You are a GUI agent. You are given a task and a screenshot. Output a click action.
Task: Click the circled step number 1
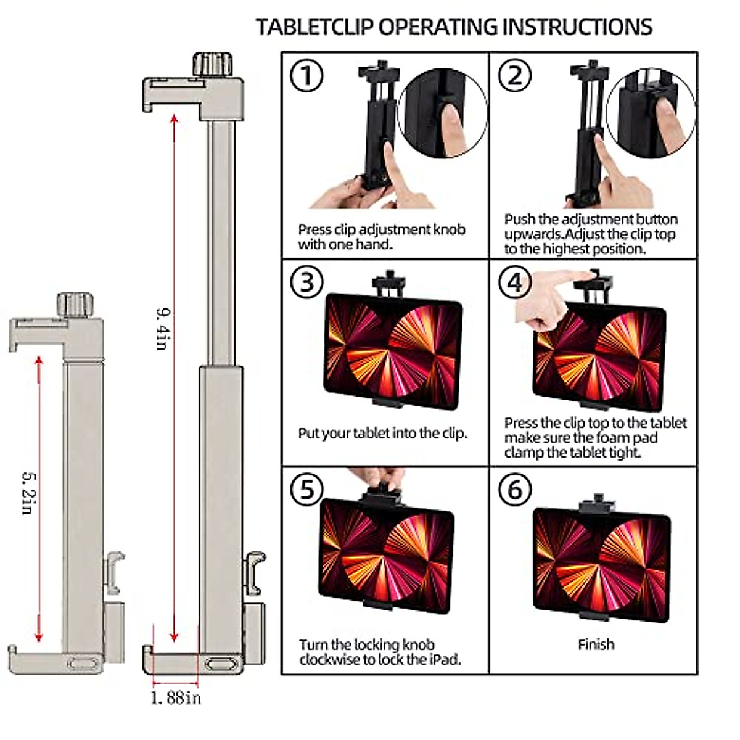tap(306, 76)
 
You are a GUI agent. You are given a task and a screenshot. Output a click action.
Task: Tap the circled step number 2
tap(515, 75)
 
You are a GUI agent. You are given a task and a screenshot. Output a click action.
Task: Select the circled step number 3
tap(306, 282)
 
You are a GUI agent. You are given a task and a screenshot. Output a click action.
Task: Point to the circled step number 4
tap(515, 282)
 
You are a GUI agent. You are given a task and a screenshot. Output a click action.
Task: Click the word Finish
tap(596, 644)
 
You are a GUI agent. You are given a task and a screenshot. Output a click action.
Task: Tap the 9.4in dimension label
tap(162, 328)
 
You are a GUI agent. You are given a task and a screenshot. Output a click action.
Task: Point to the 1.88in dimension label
tap(176, 698)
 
